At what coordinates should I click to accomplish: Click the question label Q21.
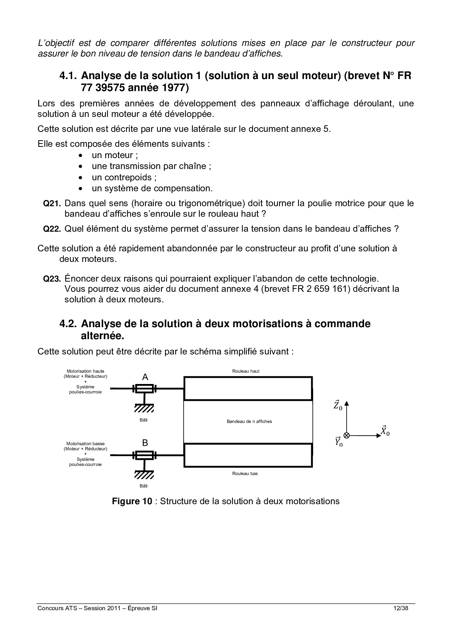52,204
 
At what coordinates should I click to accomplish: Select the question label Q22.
52,229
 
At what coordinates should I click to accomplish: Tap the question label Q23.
52,279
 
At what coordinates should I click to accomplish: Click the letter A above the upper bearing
145,377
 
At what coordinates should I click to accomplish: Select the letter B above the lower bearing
145,443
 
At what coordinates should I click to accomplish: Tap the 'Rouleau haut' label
246,371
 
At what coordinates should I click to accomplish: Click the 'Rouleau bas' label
245,474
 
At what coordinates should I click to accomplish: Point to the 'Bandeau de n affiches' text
249,422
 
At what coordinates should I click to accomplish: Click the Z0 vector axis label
338,405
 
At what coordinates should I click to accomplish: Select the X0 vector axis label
385,431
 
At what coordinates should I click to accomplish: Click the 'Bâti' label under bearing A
144,420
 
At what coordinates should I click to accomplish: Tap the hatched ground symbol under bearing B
144,475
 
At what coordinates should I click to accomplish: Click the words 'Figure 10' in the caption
132,501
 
